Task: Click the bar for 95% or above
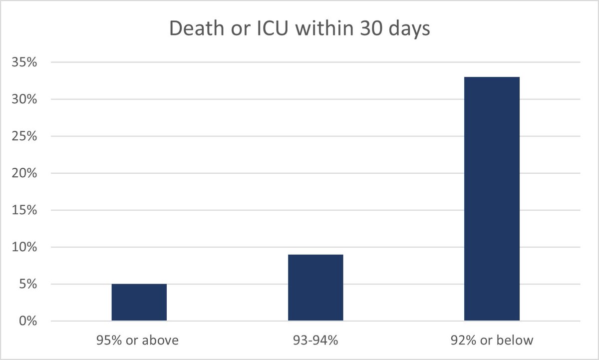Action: tap(139, 303)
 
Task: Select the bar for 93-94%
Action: tap(315, 288)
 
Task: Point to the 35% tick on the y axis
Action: tap(23, 63)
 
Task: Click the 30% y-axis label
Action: tap(23, 100)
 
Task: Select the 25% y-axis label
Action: tap(23, 137)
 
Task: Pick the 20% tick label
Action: tap(23, 174)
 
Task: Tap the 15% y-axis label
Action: tap(23, 211)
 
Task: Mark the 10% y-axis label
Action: tap(23, 248)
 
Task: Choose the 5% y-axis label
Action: tap(26, 285)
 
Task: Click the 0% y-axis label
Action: tap(26, 322)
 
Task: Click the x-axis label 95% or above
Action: tap(139, 341)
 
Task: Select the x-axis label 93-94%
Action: tap(315, 341)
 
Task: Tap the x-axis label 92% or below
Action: tap(492, 341)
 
